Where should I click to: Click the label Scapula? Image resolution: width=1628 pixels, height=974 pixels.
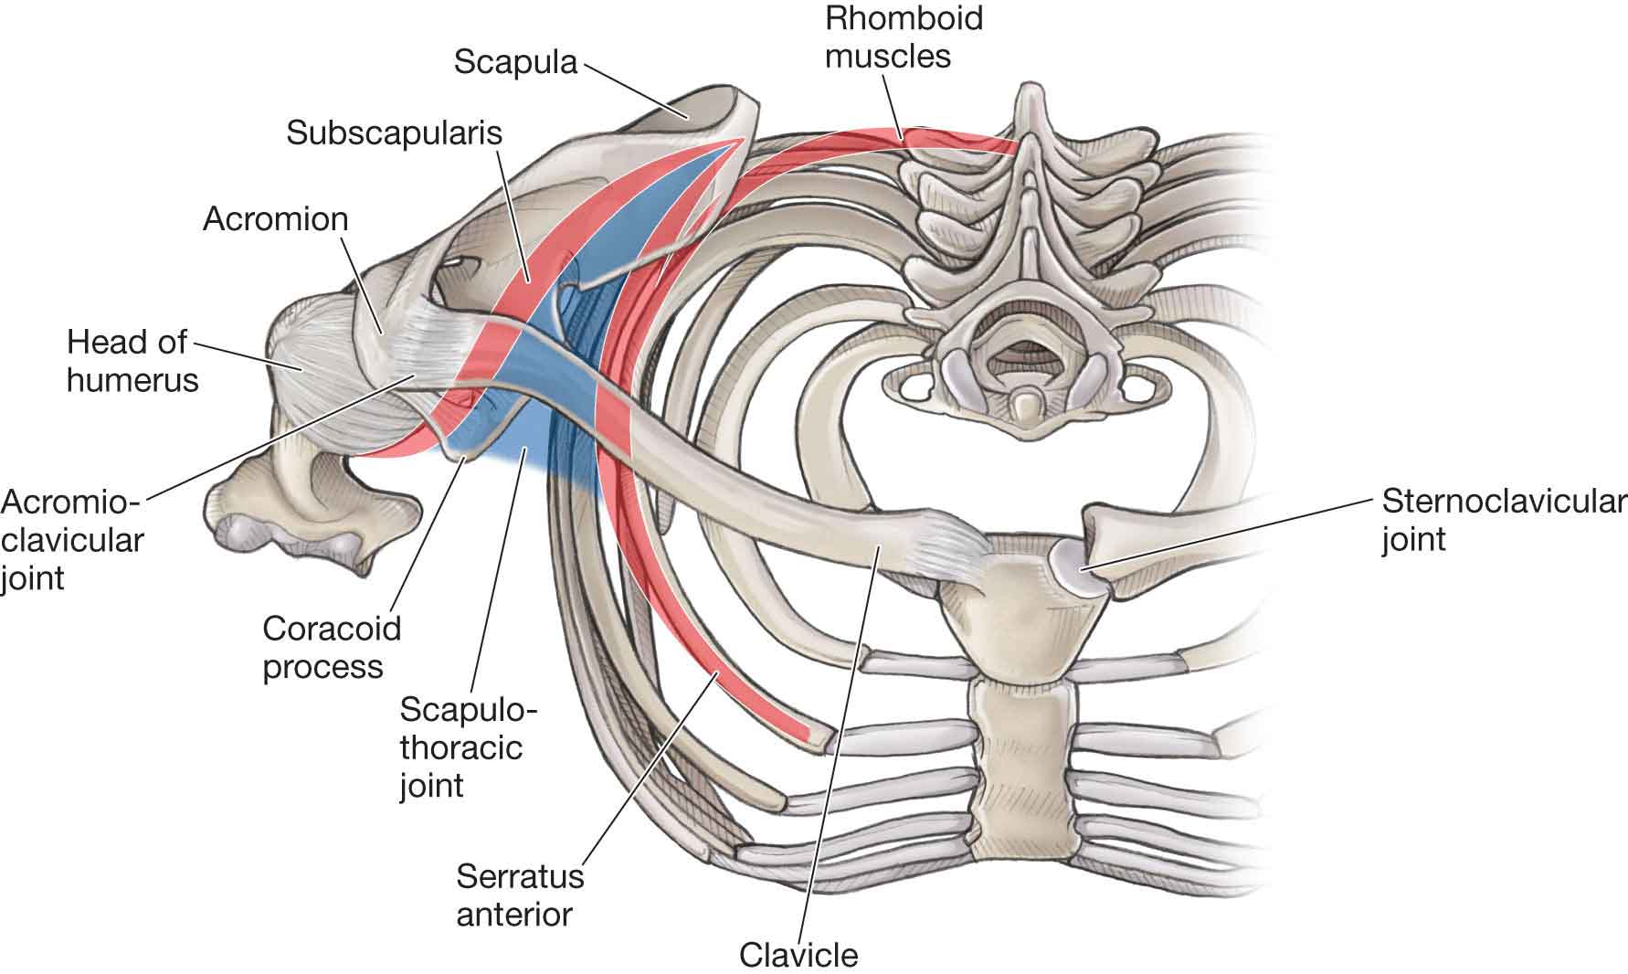(515, 61)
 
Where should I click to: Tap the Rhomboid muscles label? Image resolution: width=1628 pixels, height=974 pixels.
(903, 37)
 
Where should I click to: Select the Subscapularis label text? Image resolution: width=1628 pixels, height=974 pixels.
(395, 132)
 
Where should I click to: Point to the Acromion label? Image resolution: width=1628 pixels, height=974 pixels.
(275, 218)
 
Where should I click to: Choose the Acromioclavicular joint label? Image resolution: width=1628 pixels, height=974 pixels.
(71, 539)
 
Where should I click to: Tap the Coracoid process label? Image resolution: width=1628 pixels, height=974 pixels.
(331, 647)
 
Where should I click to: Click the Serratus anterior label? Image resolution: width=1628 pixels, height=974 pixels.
(519, 895)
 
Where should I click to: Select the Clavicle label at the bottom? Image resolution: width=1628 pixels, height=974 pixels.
(798, 955)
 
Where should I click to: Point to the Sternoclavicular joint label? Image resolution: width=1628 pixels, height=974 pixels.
(1503, 520)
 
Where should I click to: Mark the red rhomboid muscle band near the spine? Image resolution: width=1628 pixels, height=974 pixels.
(959, 142)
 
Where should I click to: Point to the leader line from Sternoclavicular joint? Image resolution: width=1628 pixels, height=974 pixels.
(1233, 534)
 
